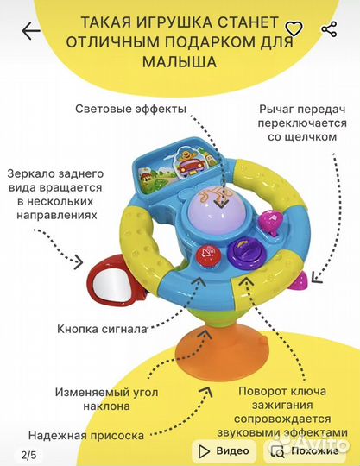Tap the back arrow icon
[31, 30]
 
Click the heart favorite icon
[294, 28]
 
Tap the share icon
[329, 29]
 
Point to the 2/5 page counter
[28, 455]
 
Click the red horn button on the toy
[209, 255]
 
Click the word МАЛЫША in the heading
[180, 62]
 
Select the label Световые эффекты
[131, 109]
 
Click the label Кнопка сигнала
[102, 329]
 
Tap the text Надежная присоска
[86, 436]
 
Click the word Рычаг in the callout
[275, 110]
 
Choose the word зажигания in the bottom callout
[282, 406]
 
